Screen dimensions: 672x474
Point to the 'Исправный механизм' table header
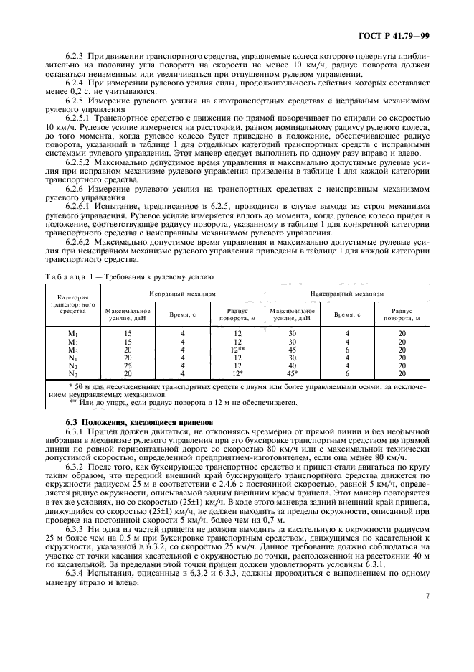pyautogui.click(x=182, y=294)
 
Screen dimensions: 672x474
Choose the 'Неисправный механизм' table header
pyautogui.click(x=347, y=294)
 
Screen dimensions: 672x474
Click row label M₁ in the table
pyautogui.click(x=72, y=333)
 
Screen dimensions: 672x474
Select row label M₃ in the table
pyautogui.click(x=72, y=350)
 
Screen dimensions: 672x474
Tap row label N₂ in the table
pyautogui.click(x=72, y=365)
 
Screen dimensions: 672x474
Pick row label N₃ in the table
pyautogui.click(x=72, y=373)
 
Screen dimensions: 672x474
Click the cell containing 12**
pyautogui.click(x=239, y=350)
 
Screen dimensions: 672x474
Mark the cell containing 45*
pyautogui.click(x=292, y=373)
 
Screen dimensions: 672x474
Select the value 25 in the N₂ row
pyautogui.click(x=128, y=365)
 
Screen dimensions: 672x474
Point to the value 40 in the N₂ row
pyautogui.click(x=291, y=365)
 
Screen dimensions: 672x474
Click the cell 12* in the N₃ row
pyautogui.click(x=238, y=373)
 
